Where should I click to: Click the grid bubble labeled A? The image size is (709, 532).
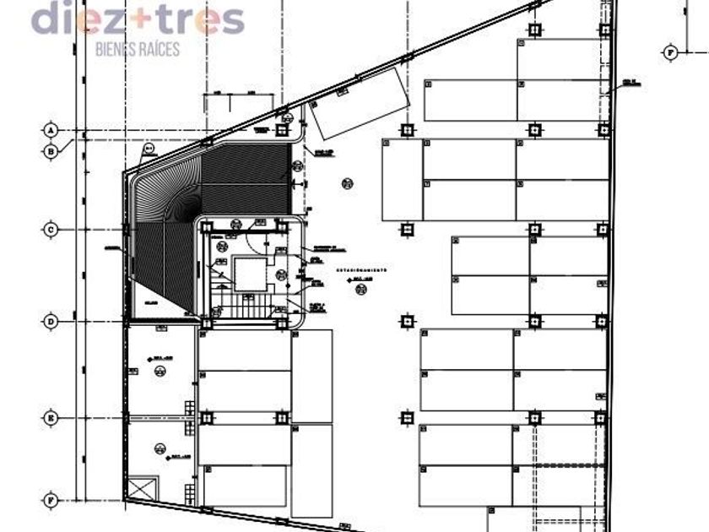pos(51,130)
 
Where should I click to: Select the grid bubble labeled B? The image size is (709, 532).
pos(51,152)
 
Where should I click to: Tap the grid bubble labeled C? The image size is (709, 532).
pos(51,229)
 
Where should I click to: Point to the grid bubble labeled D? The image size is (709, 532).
pos(51,322)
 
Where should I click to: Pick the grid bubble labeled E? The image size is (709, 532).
pos(51,418)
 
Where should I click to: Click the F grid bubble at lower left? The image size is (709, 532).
pos(51,500)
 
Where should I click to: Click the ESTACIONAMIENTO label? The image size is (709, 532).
pos(361,270)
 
